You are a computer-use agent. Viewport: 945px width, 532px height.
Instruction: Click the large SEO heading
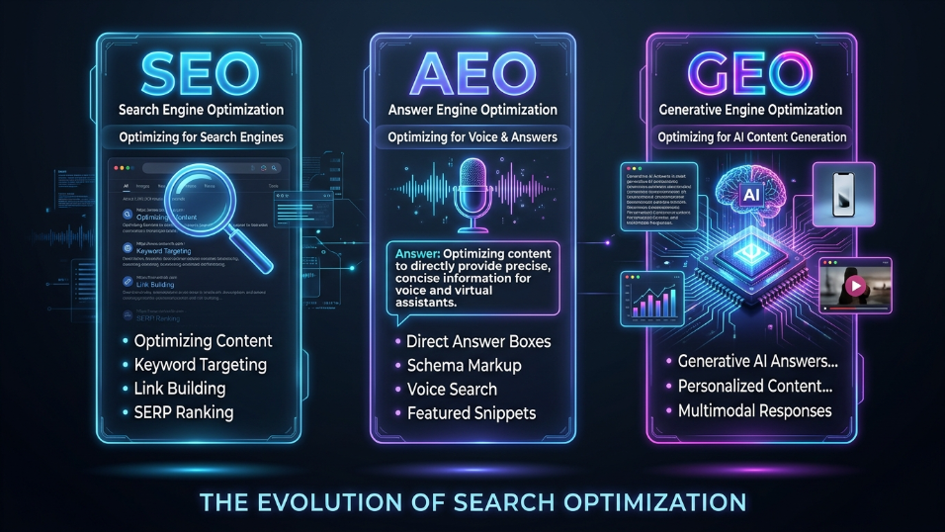(x=202, y=72)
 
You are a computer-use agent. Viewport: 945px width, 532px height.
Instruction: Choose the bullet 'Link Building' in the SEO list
(x=180, y=389)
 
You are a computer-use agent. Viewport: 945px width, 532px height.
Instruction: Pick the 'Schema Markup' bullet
(x=464, y=366)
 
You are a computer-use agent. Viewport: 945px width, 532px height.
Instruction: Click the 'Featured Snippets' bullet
(x=470, y=412)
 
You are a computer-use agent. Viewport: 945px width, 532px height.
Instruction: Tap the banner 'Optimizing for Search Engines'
(x=202, y=137)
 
